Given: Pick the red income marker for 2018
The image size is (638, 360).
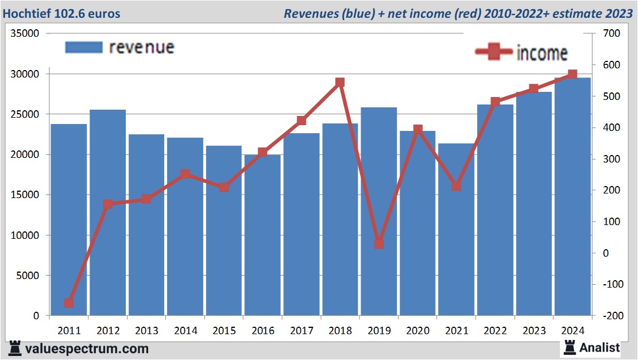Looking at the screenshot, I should click(340, 83).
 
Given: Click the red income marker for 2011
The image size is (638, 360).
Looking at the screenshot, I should click(69, 303).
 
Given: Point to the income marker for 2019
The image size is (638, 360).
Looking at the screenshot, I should click(378, 243).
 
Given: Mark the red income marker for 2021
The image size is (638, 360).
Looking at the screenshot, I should click(456, 186).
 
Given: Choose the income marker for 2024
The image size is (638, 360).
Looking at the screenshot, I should click(572, 75).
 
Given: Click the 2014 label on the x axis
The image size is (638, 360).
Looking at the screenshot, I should click(185, 331).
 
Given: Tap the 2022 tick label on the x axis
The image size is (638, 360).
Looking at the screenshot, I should click(495, 331).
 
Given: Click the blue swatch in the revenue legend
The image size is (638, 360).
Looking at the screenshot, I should click(84, 48).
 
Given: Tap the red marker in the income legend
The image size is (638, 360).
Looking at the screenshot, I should click(494, 53).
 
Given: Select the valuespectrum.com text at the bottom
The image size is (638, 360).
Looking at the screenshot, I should click(87, 348).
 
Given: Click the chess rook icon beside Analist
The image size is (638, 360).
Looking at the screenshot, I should click(570, 347).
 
